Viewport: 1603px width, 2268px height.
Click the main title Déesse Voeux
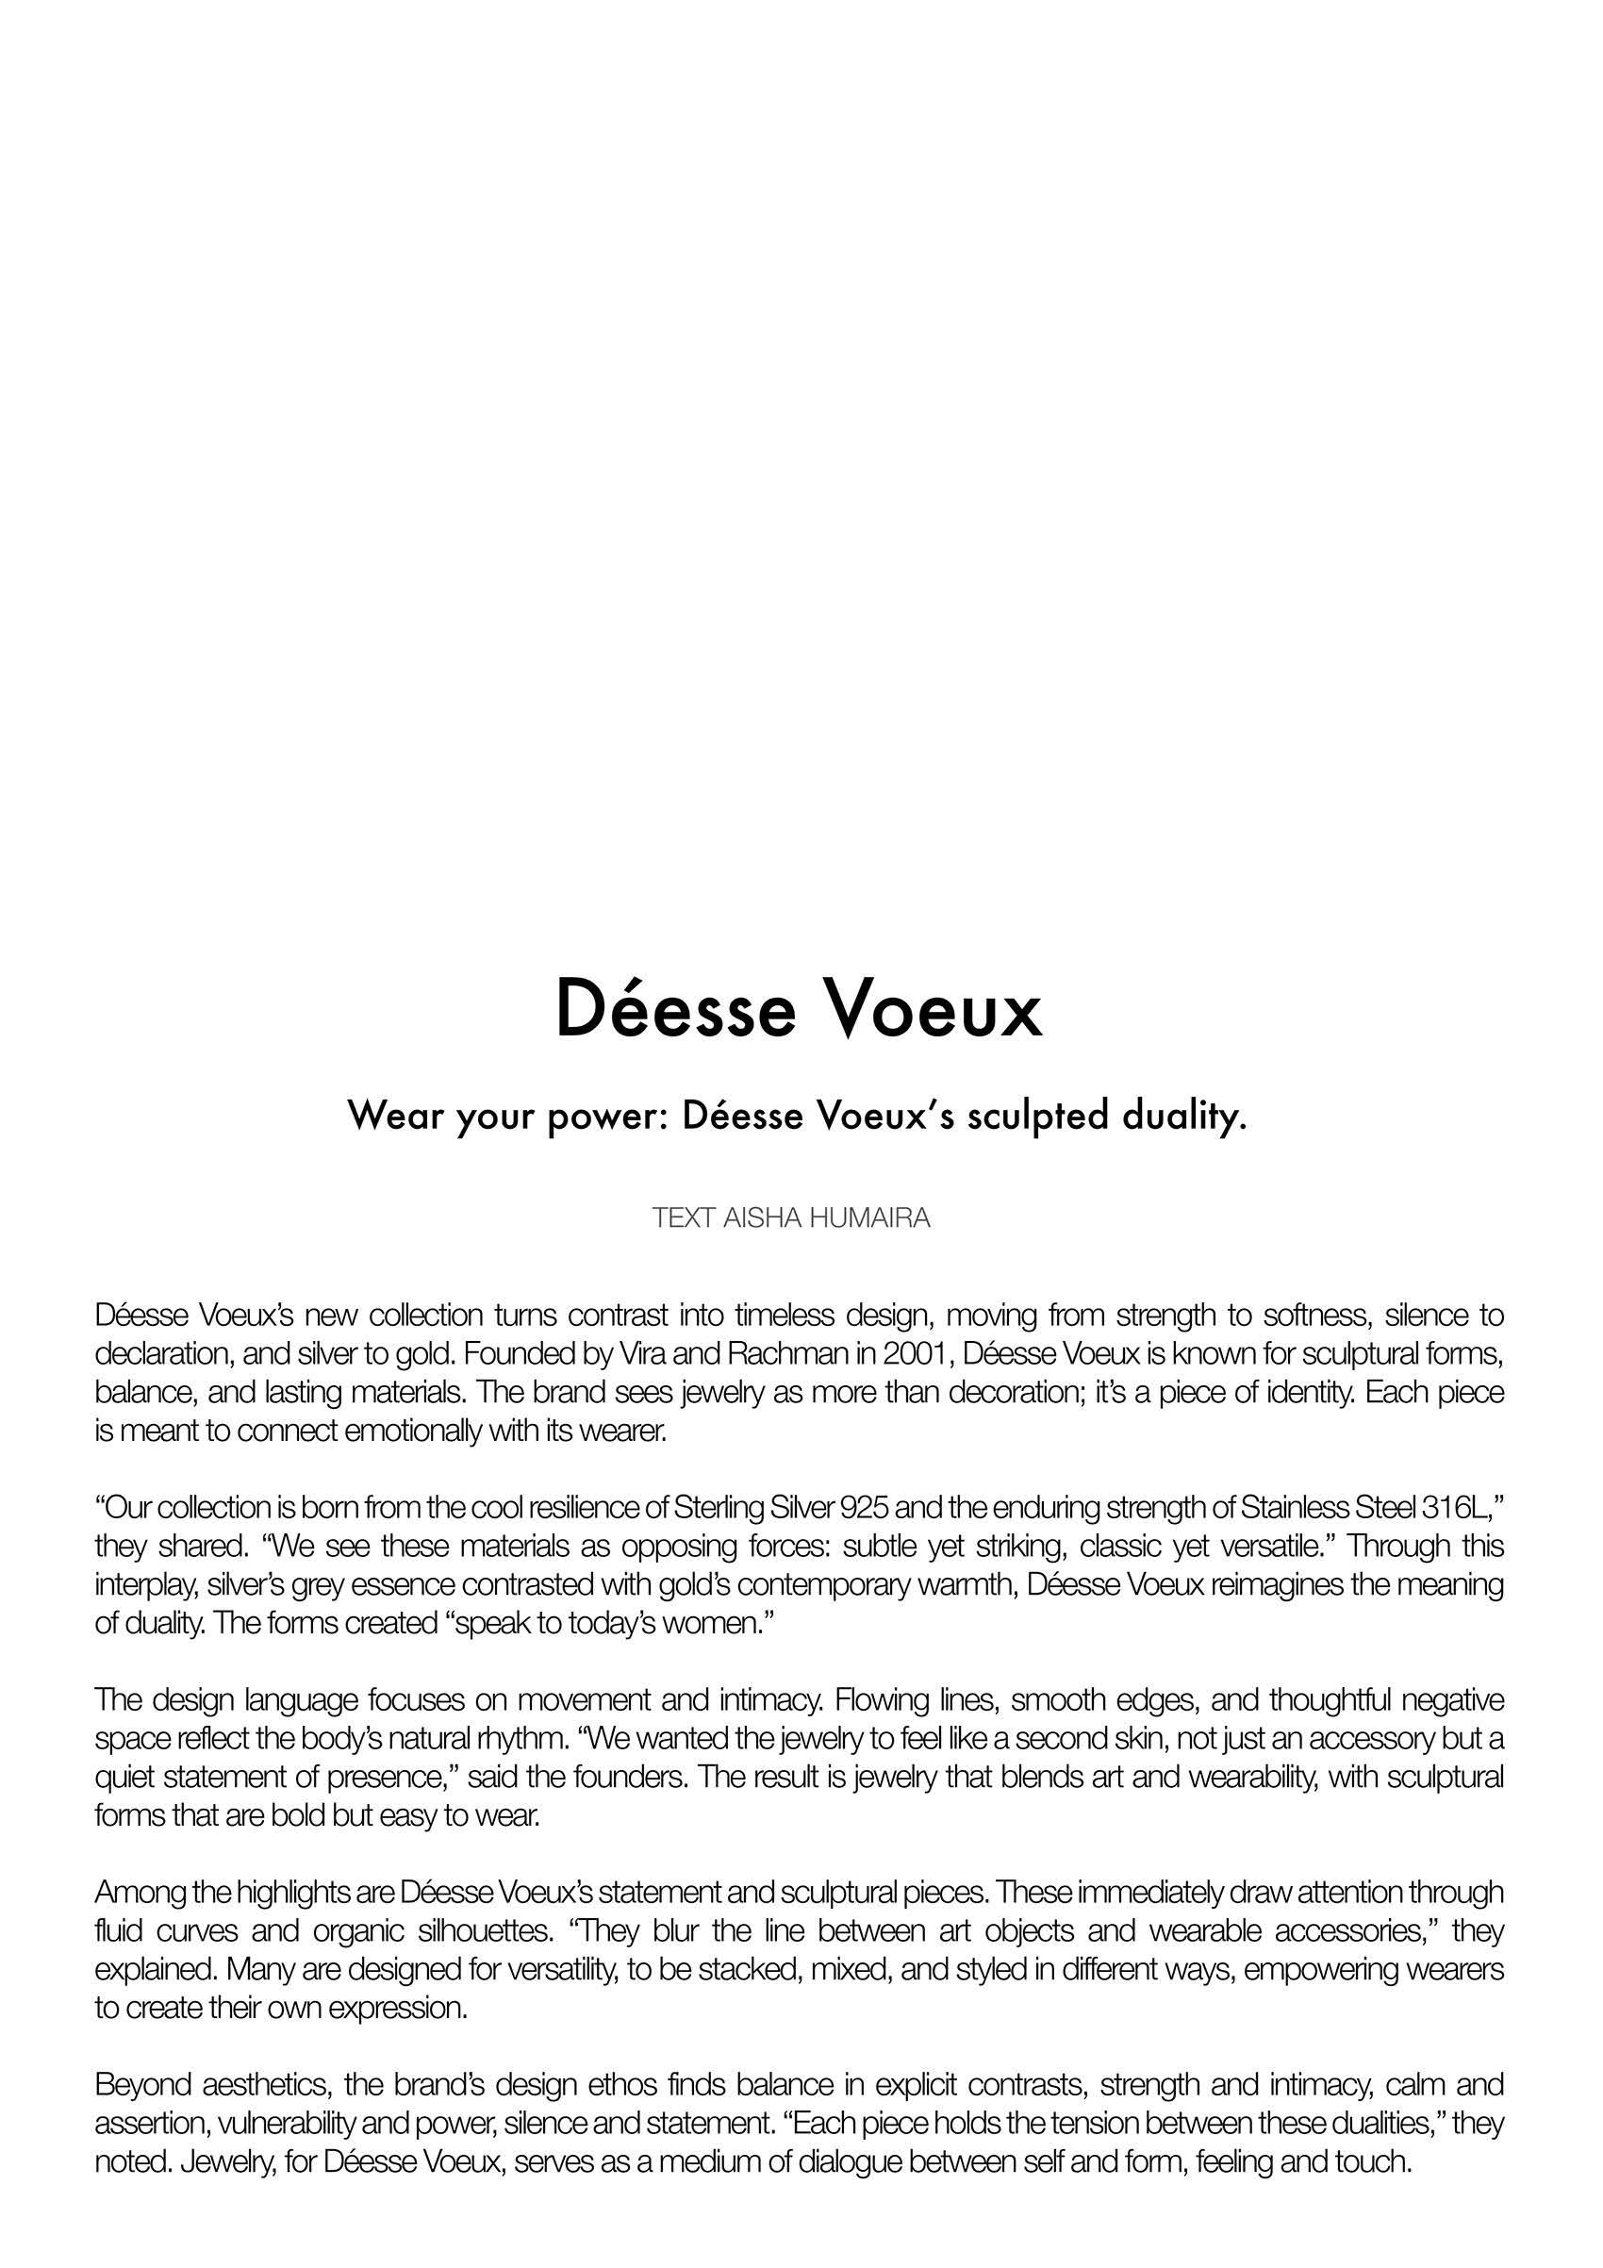[x=799, y=1008]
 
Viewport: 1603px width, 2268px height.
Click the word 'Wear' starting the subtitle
[x=396, y=1117]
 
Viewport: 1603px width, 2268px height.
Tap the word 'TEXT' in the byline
[x=684, y=1218]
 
